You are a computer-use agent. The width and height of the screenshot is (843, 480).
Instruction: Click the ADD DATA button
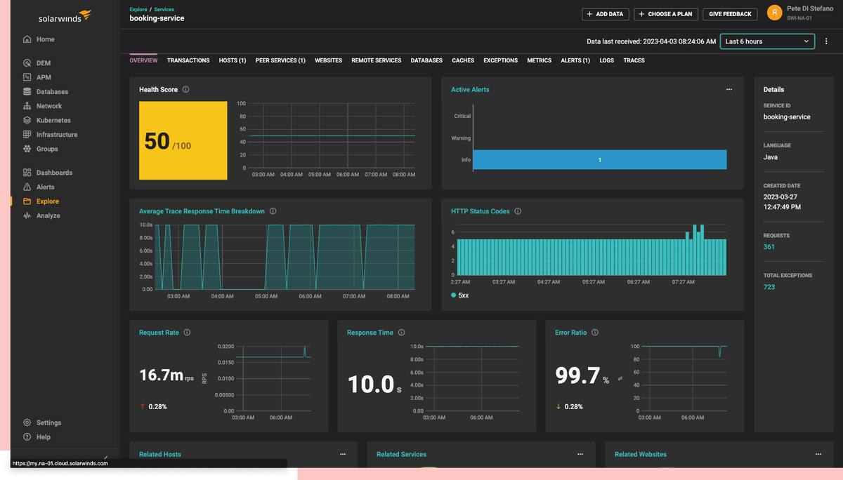pyautogui.click(x=606, y=14)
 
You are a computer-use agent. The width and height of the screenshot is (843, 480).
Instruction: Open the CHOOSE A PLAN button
pyautogui.click(x=665, y=14)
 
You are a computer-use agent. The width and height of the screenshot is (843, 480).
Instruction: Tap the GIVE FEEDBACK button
pyautogui.click(x=731, y=14)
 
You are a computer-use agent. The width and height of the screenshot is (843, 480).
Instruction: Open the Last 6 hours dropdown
pyautogui.click(x=767, y=41)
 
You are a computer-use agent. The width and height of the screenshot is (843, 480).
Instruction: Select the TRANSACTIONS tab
pyautogui.click(x=188, y=60)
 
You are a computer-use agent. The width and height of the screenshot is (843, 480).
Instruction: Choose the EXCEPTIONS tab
pyautogui.click(x=500, y=60)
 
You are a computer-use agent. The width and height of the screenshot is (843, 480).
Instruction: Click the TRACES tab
pyautogui.click(x=634, y=60)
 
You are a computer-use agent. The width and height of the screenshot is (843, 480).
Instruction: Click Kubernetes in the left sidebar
pyautogui.click(x=53, y=120)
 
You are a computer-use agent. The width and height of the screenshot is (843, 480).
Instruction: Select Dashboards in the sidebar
pyautogui.click(x=54, y=173)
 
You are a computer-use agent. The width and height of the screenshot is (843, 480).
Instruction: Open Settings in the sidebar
pyautogui.click(x=48, y=422)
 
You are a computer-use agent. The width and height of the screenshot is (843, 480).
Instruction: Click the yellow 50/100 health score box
pyautogui.click(x=183, y=140)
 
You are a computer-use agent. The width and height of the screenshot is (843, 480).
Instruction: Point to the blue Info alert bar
pyautogui.click(x=599, y=160)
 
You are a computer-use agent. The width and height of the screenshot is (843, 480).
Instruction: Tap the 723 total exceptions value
pyautogui.click(x=769, y=287)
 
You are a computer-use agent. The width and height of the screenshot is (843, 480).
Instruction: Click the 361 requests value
pyautogui.click(x=769, y=247)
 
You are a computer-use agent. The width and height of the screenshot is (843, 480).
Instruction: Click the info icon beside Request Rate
pyautogui.click(x=187, y=333)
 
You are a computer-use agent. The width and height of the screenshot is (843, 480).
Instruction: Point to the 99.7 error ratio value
pyautogui.click(x=577, y=375)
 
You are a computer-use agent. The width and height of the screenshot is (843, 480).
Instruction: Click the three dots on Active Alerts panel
pyautogui.click(x=729, y=90)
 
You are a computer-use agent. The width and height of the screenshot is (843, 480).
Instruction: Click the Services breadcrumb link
pyautogui.click(x=164, y=9)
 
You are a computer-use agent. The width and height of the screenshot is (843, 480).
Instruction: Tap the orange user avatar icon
pyautogui.click(x=774, y=12)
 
